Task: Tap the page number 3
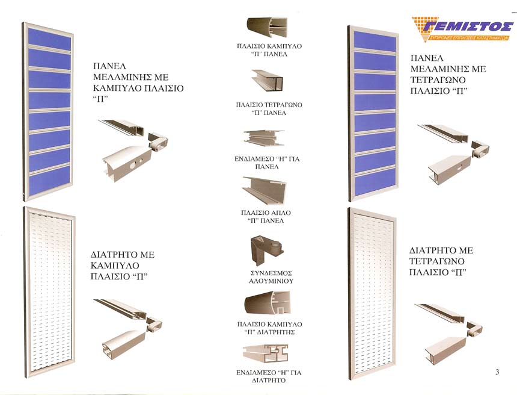click(497, 372)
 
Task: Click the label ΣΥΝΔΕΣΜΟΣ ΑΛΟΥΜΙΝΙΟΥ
click(271, 278)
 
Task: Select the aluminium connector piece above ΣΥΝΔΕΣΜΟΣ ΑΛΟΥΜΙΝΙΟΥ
click(266, 250)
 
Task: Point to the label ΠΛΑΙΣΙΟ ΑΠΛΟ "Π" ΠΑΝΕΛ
click(266, 217)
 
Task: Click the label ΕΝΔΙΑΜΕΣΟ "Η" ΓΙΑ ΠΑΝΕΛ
click(267, 163)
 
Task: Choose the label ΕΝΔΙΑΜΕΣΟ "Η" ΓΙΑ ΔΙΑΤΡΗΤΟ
click(269, 376)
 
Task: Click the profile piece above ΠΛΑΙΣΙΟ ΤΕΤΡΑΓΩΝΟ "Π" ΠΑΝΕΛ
click(268, 80)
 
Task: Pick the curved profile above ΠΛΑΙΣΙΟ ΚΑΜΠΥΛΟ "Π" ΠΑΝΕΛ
click(267, 27)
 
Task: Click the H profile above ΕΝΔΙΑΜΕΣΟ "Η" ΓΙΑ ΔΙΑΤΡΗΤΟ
click(266, 353)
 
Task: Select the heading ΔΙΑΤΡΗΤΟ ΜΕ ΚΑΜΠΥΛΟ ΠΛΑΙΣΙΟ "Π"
click(122, 266)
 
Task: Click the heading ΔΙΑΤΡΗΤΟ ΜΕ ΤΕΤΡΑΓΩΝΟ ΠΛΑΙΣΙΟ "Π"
click(441, 261)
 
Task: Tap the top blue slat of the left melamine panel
click(49, 39)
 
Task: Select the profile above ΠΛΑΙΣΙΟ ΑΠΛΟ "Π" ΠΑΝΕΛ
click(265, 190)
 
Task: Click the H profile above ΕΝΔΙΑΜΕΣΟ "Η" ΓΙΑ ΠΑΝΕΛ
click(264, 138)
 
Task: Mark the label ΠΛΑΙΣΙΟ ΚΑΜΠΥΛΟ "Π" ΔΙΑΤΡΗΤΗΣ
click(270, 328)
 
